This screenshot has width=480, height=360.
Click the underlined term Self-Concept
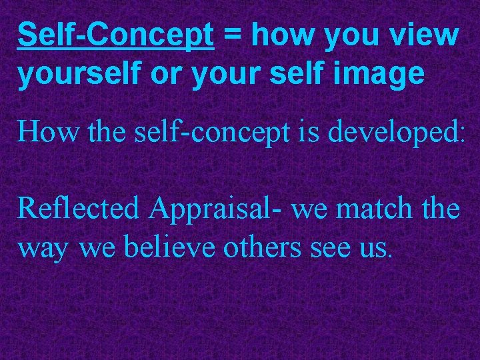point(116,35)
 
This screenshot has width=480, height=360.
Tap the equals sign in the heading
point(234,35)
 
